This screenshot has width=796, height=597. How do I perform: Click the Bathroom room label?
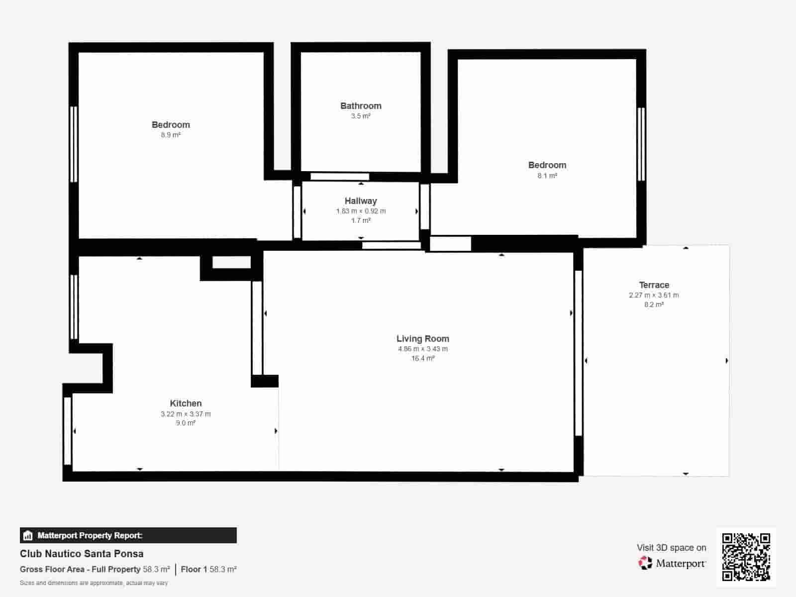[x=361, y=106]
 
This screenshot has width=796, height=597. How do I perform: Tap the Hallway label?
[x=361, y=201]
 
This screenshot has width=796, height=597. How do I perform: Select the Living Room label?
[x=423, y=339]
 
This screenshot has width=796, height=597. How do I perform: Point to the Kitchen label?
[x=186, y=403]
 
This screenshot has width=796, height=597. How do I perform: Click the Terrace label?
[x=654, y=285]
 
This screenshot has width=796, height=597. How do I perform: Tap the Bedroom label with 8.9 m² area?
[x=171, y=125]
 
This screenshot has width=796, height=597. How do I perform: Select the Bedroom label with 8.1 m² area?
[x=547, y=165]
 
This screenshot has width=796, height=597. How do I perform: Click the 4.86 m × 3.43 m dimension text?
[x=423, y=349]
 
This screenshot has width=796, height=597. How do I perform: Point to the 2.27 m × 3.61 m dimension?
[x=654, y=295]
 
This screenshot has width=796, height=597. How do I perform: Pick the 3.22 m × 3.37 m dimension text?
[x=186, y=414]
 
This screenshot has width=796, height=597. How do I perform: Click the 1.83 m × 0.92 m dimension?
[x=361, y=211]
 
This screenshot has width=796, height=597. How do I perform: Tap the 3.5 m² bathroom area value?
[x=361, y=116]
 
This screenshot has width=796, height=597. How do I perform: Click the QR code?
[x=746, y=557]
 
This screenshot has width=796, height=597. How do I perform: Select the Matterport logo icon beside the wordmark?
[x=645, y=563]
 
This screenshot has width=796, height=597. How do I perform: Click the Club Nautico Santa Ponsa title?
[x=82, y=554]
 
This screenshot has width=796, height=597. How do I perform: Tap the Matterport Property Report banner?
[x=128, y=535]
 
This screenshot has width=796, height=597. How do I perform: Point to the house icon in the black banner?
[x=28, y=536]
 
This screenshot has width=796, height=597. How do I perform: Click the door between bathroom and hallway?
[x=340, y=177]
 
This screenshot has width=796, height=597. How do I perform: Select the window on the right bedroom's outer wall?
[x=641, y=144]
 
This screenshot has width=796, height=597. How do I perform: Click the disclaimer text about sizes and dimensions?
[x=94, y=583]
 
